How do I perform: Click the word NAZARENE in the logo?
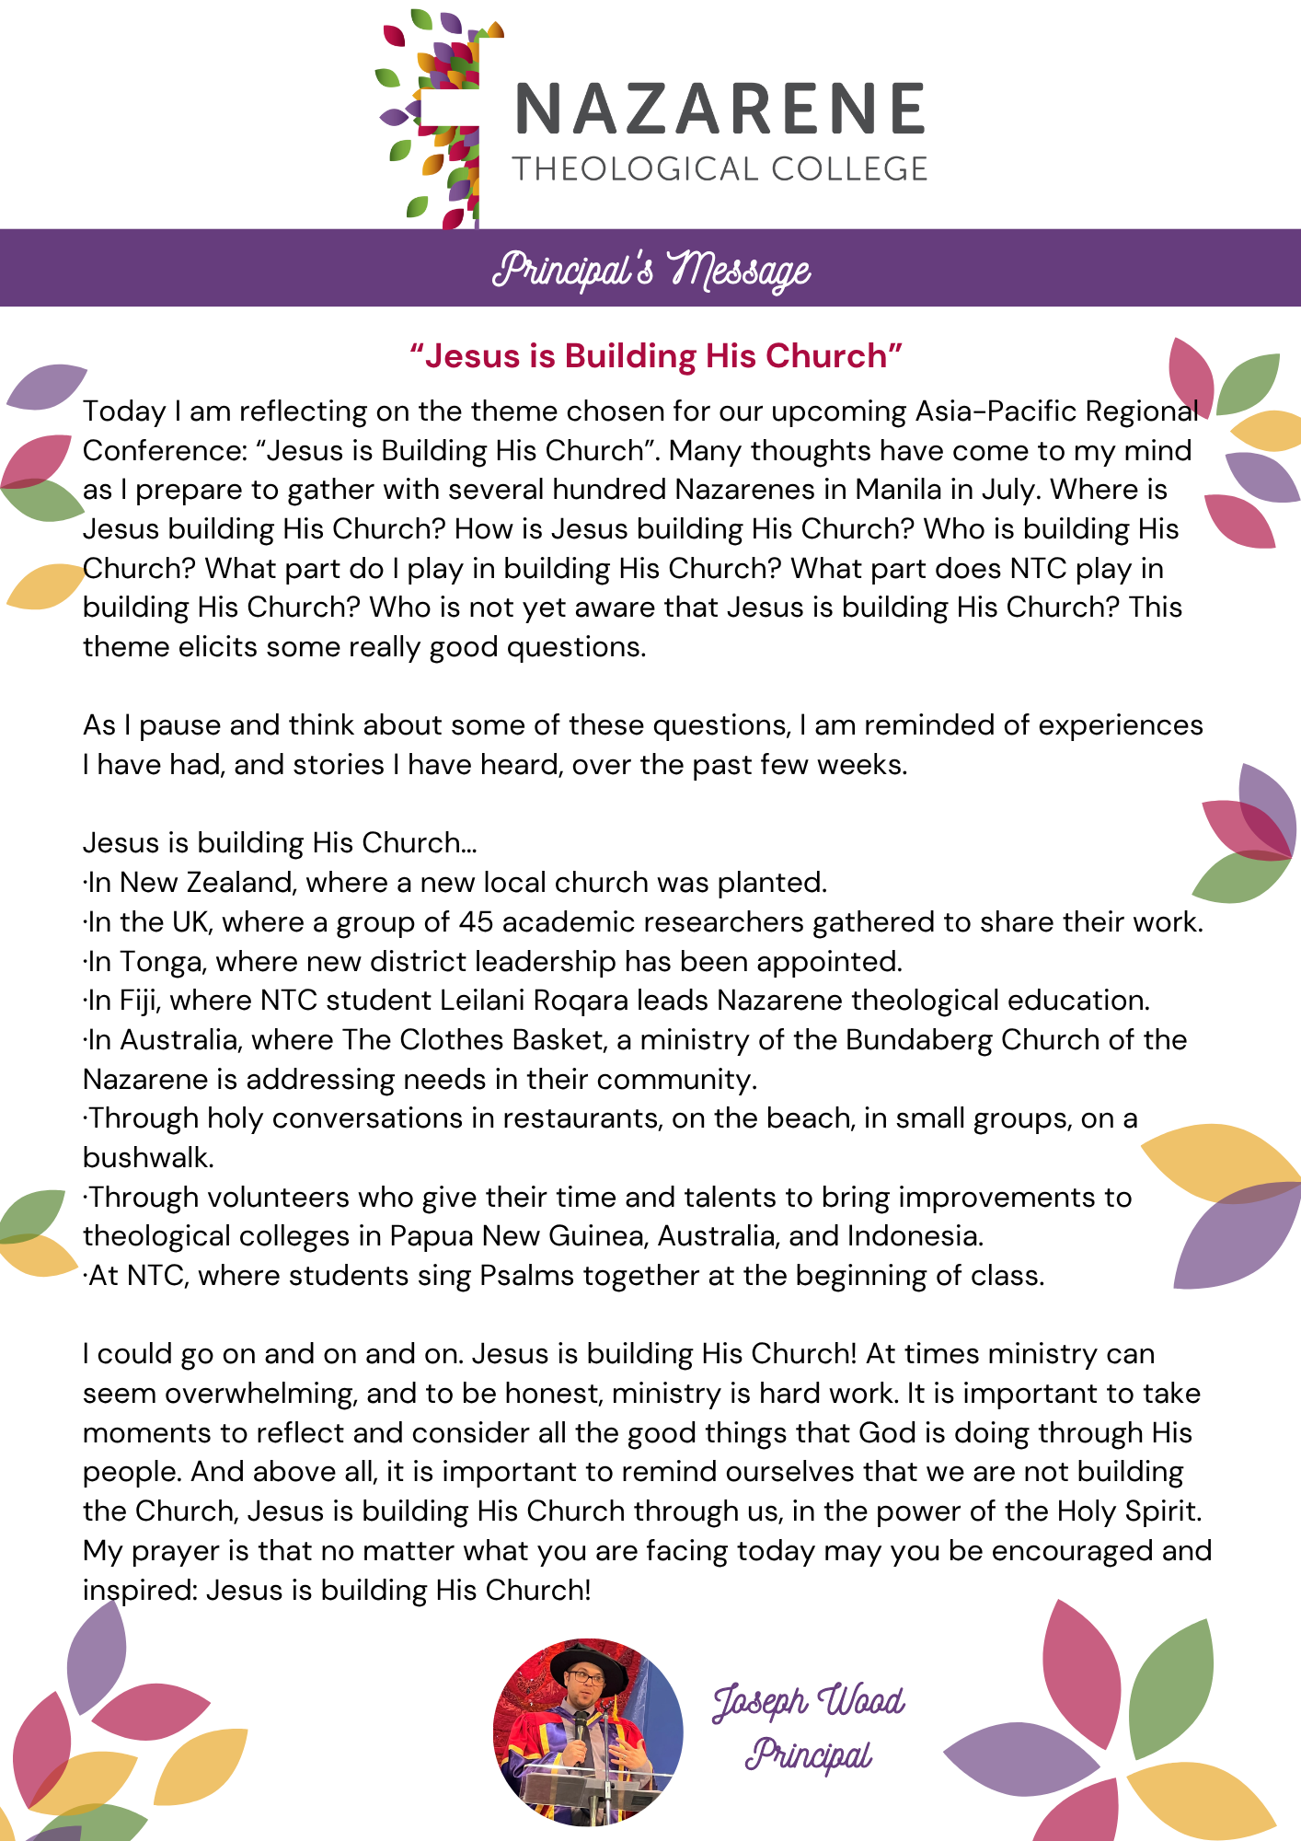pyautogui.click(x=720, y=110)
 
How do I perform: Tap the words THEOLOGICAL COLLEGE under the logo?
pyautogui.click(x=720, y=169)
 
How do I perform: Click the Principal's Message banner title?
pyautogui.click(x=650, y=270)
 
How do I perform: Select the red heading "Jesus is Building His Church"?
pyautogui.click(x=656, y=356)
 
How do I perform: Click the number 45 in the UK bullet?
pyautogui.click(x=476, y=921)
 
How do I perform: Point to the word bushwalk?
pyautogui.click(x=147, y=1157)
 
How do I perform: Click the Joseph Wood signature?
pyautogui.click(x=809, y=1701)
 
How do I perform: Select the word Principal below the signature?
pyautogui.click(x=808, y=1755)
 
